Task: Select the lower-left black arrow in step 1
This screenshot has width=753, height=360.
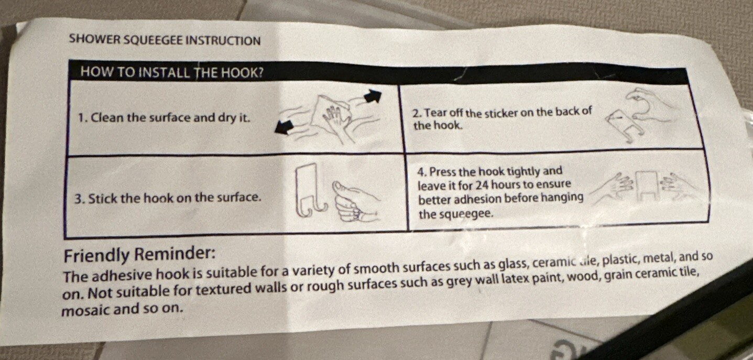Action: (285, 128)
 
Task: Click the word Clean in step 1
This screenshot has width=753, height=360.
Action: (105, 118)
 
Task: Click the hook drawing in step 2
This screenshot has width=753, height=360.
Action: (624, 126)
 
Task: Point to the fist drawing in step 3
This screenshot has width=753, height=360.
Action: (356, 202)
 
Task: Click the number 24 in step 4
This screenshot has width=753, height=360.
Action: (485, 185)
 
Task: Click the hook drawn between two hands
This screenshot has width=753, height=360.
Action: (647, 186)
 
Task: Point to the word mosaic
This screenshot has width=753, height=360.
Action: (86, 309)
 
